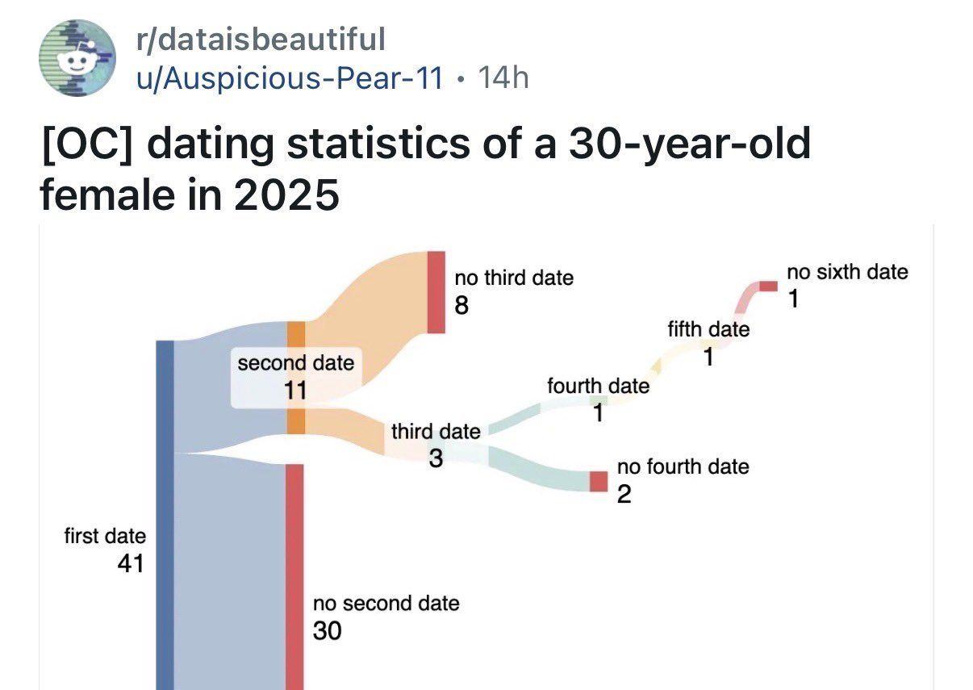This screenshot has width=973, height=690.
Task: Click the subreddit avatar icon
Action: click(78, 56)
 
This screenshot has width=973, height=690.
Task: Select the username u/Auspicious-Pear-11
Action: click(290, 77)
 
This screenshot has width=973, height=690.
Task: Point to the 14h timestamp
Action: click(503, 77)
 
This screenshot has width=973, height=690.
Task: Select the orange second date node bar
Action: click(296, 378)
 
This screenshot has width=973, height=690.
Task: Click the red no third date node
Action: click(436, 291)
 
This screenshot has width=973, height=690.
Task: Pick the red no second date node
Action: click(294, 576)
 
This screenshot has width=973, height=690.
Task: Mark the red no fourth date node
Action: click(598, 481)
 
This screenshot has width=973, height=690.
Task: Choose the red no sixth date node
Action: click(768, 286)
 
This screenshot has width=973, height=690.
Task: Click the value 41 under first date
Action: click(131, 562)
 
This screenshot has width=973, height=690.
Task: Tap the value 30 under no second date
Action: click(327, 631)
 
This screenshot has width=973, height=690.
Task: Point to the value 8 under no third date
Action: click(461, 305)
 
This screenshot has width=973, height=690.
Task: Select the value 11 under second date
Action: click(295, 391)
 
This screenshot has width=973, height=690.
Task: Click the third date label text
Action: click(436, 432)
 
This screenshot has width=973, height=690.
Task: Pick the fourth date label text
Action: click(598, 386)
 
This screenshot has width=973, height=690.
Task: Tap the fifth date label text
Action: click(708, 329)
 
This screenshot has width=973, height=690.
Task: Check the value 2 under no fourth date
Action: click(624, 494)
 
